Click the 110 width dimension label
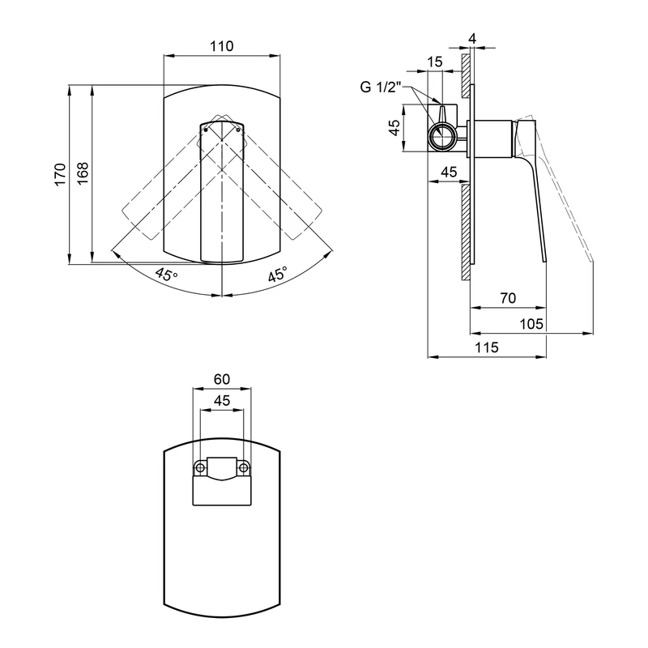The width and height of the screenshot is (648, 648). click(x=221, y=46)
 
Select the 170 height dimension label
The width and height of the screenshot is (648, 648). click(x=60, y=174)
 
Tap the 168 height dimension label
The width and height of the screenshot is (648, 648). click(x=83, y=173)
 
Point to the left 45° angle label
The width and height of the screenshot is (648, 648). click(x=167, y=274)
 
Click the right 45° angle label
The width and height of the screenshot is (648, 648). click(x=277, y=275)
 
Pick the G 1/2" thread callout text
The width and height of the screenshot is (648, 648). click(x=381, y=87)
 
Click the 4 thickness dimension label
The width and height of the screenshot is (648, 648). click(x=472, y=38)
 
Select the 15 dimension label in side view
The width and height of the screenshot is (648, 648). click(x=434, y=62)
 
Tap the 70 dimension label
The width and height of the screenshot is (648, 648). click(x=508, y=298)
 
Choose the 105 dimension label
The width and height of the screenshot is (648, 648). click(x=531, y=323)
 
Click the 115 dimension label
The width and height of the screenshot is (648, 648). click(x=487, y=347)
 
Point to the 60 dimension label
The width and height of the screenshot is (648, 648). click(x=221, y=379)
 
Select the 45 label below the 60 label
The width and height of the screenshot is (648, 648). click(x=221, y=400)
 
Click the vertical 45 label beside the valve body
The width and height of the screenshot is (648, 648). click(x=395, y=127)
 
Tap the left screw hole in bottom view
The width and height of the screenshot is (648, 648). click(x=200, y=468)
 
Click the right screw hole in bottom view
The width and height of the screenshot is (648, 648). click(x=244, y=468)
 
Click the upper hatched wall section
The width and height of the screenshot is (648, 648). click(x=466, y=75)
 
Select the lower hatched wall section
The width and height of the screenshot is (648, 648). click(x=466, y=232)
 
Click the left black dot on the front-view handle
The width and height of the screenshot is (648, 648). click(x=206, y=130)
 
